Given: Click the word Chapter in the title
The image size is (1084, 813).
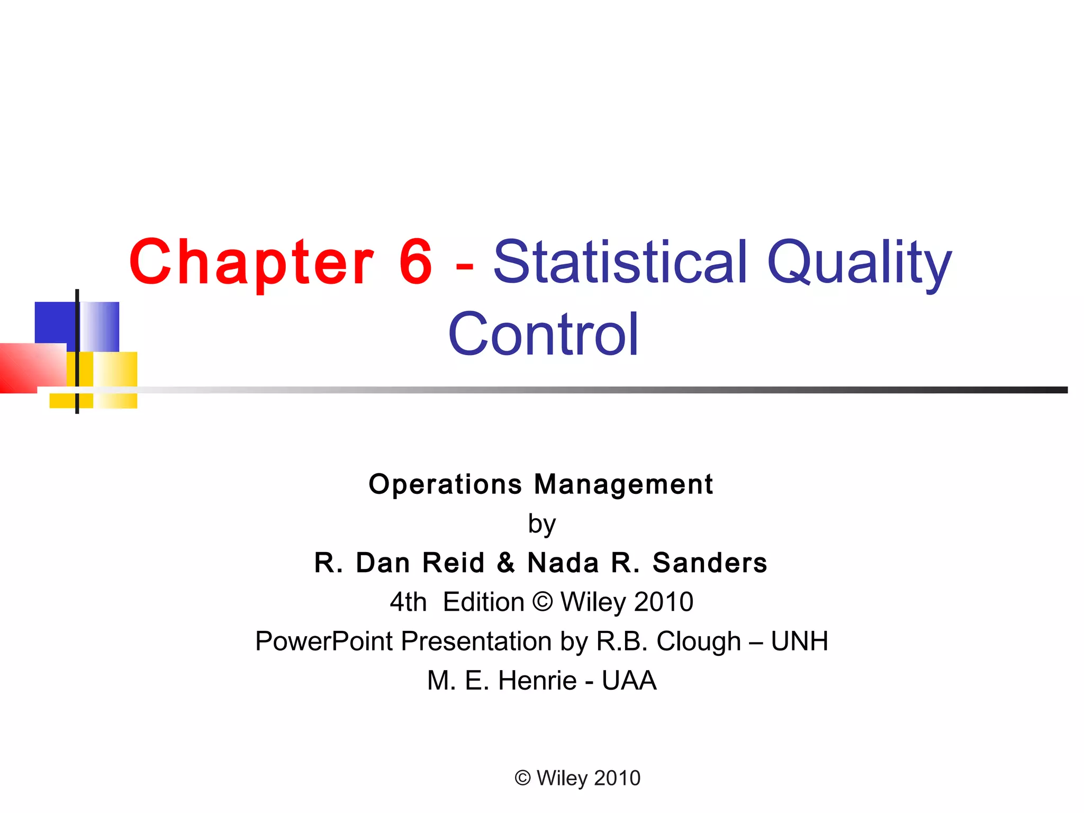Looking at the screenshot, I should coord(251,263).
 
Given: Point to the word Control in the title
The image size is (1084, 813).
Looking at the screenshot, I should coord(543,335).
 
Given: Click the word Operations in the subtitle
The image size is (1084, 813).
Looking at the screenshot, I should coord(445,484).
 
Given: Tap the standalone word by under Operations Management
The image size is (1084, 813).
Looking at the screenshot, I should coord(541,525).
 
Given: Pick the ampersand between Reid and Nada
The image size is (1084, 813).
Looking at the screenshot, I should coord(506,563).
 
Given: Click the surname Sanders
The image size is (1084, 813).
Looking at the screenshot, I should coord(710,563).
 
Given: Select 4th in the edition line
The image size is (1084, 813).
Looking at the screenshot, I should coord(408,602).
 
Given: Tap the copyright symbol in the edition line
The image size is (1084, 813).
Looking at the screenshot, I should coord(542,602).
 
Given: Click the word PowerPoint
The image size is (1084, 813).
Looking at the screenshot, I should coord(324,642).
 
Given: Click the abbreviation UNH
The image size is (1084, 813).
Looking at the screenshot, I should coord(799,642).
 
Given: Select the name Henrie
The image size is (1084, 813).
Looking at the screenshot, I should coord(537,681).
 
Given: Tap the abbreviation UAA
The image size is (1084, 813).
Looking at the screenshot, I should coord(629,681).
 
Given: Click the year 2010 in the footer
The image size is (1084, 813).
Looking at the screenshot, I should coord(617,778).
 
